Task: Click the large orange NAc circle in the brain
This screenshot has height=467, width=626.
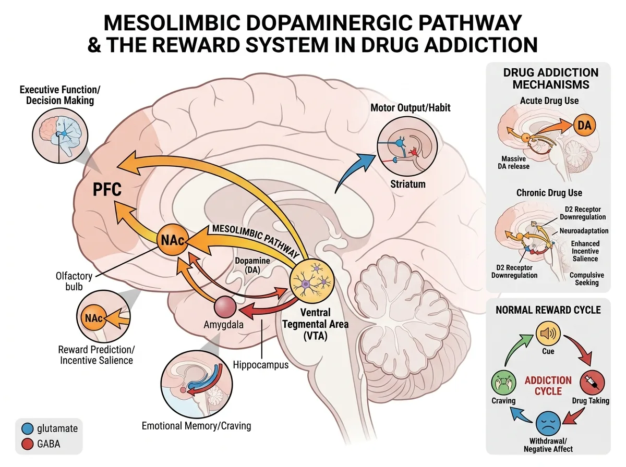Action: coord(173,240)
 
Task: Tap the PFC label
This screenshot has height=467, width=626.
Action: coord(107,189)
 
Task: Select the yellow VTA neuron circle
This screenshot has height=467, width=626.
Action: coord(312,281)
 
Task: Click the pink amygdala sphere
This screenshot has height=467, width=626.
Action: coord(225,307)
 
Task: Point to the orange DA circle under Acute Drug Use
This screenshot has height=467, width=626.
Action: coord(584,126)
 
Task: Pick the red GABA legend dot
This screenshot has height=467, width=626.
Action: coord(27,444)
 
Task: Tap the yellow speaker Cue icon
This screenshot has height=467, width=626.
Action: coord(548,333)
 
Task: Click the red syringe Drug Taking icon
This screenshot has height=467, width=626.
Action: coord(592,383)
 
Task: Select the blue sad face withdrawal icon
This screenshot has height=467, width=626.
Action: coord(548,423)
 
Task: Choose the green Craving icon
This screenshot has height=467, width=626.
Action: coord(503,383)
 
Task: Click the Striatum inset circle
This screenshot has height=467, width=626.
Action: coord(407,146)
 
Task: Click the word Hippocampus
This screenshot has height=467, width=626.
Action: coord(261,365)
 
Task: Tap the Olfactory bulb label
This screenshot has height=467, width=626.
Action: coord(74,281)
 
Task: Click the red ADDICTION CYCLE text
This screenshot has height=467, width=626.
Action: coord(548,386)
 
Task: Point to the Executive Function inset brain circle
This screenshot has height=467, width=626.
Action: coord(60,136)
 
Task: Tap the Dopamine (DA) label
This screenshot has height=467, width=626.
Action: coord(252,265)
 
